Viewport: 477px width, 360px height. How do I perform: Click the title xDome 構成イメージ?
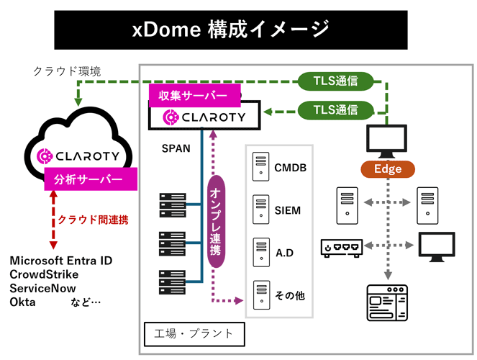(231, 30)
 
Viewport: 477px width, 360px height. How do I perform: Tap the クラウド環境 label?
(67, 71)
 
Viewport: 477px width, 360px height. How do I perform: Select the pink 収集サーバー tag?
(188, 96)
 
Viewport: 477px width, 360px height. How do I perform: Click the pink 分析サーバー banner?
(83, 179)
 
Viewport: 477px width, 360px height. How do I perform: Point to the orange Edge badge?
(387, 169)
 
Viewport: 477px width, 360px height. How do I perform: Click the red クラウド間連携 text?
(93, 220)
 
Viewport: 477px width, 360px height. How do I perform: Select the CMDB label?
(291, 168)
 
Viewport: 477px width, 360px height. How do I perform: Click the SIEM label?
(288, 210)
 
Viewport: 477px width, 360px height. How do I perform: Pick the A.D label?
(285, 253)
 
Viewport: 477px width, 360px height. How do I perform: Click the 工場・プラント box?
(194, 333)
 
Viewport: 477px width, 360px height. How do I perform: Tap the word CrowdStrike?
(44, 274)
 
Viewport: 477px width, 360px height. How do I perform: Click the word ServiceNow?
(45, 288)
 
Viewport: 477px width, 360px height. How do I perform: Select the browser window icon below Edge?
(386, 301)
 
